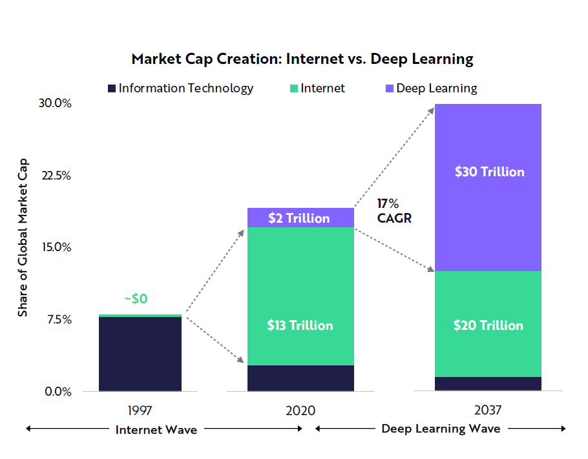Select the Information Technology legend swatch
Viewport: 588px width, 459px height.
click(111, 88)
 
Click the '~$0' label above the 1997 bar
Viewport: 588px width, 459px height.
click(136, 300)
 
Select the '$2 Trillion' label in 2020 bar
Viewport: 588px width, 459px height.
click(300, 218)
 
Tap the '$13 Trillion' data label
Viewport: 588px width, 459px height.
click(300, 325)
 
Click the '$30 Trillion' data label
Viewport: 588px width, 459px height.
click(489, 172)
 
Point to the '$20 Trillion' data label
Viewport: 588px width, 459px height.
click(488, 325)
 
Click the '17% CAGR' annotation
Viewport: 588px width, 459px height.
click(394, 211)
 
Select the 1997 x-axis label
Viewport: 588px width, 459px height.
click(140, 410)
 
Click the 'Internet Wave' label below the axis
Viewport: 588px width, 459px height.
click(156, 429)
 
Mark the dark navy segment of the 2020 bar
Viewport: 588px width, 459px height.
click(300, 378)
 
